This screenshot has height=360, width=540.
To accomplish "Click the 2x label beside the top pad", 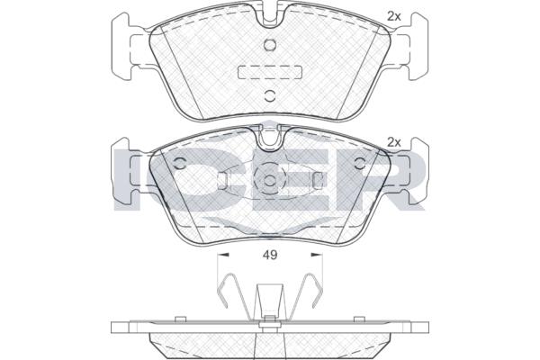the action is (x=394, y=16).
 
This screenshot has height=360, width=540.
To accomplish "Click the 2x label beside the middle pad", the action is (x=394, y=141).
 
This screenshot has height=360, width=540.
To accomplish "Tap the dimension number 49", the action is (x=270, y=255).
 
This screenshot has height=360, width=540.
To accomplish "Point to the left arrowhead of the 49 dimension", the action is (x=224, y=255).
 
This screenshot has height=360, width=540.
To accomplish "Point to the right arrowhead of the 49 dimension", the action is (x=317, y=255).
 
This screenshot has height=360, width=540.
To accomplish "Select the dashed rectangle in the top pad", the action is (x=270, y=72).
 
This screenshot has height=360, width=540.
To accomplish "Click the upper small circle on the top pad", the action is (x=270, y=44).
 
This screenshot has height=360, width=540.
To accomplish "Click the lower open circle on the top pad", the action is (x=270, y=95).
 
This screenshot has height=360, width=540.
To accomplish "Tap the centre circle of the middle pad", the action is (x=270, y=180).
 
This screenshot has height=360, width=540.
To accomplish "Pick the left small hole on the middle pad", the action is (x=179, y=163).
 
